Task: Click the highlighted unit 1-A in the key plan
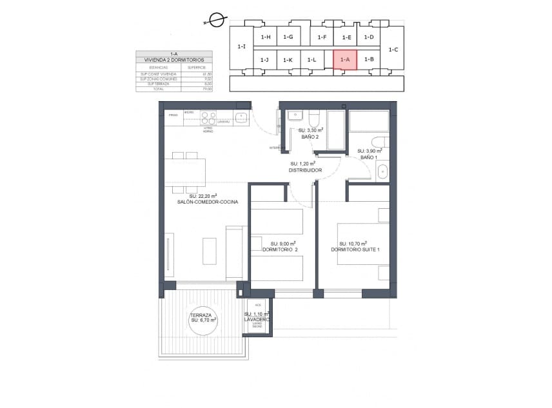point(344,59)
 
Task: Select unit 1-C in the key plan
point(393,49)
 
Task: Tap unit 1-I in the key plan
point(241,46)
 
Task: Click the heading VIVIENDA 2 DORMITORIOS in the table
point(173,60)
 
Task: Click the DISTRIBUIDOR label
point(306,170)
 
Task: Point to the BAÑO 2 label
point(311,136)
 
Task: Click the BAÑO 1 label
point(368,157)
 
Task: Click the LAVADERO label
point(257,319)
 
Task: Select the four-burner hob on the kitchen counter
point(208,118)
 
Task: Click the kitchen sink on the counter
point(241,117)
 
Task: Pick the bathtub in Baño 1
point(369,121)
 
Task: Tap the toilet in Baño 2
point(314,119)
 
